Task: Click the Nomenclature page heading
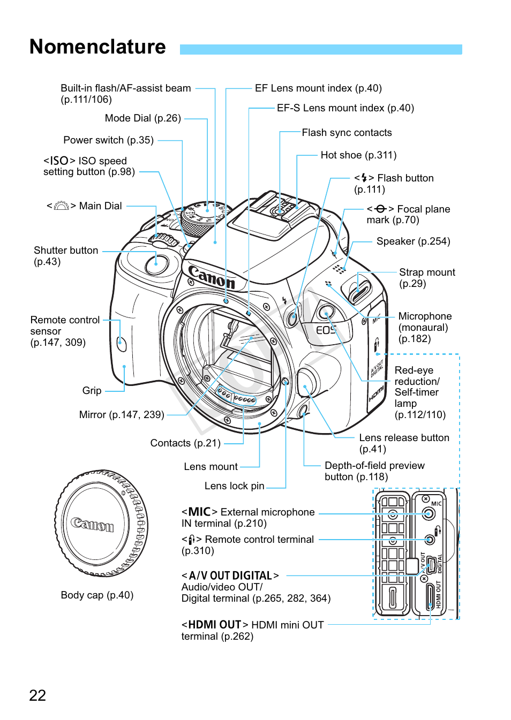tap(97, 47)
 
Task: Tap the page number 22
tap(37, 695)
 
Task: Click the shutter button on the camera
tap(156, 264)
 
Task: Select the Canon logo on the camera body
tap(212, 277)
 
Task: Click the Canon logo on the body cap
tap(93, 524)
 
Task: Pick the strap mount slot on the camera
tap(359, 290)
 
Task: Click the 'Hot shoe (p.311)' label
tap(358, 155)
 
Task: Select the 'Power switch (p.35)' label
tap(108, 140)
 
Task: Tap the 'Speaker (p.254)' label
tap(413, 241)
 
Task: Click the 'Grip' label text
tap(92, 391)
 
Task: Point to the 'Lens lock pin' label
tap(234, 486)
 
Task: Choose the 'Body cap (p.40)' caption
tap(97, 595)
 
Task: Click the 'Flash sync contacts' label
tap(347, 133)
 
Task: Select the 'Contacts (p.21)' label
tap(185, 443)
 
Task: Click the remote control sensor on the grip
tap(122, 343)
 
